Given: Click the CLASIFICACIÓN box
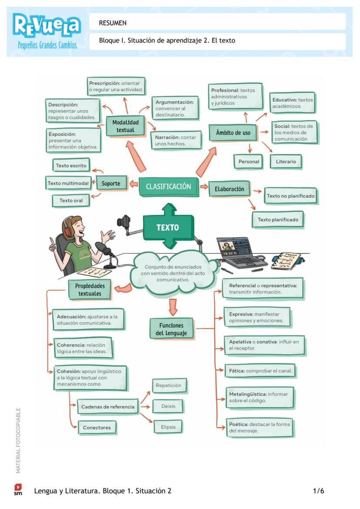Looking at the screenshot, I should tap(168, 186).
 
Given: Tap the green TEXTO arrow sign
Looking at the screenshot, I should tap(167, 227).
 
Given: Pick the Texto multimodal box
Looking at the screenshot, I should tap(68, 183).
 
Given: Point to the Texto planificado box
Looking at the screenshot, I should tap(278, 220).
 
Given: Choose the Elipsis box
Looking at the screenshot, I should tap(168, 427).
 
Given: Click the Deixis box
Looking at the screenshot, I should tap(168, 406).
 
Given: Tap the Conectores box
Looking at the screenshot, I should tap(97, 427).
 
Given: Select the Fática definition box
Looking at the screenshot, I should tap(260, 371).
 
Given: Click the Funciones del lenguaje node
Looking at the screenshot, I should tap(171, 329).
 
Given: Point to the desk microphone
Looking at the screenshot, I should tap(104, 250).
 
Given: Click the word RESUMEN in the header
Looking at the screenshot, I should tap(113, 23).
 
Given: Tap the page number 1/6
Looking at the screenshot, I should tap(318, 491).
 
